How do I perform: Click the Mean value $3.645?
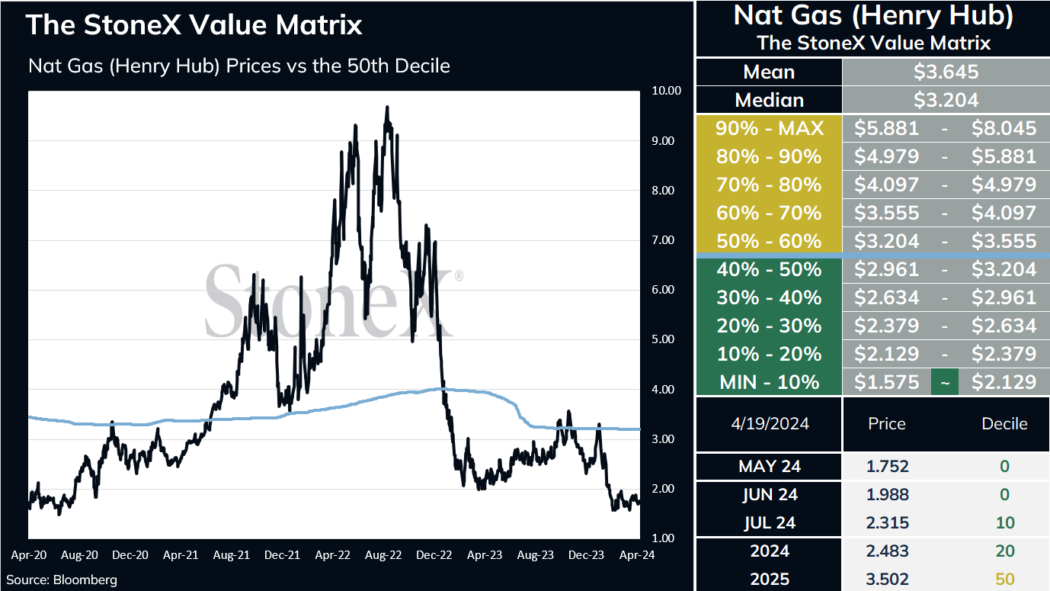pos(946,72)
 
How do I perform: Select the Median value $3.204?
pos(946,100)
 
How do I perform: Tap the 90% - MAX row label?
pos(770,128)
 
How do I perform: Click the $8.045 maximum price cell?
pos(1004,128)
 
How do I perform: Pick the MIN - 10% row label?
pos(770,382)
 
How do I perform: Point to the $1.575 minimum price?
pos(886,382)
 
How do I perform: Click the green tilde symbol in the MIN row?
pos(945,383)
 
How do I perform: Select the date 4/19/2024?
pos(770,423)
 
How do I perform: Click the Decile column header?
pos(1004,423)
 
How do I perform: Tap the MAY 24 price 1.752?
pos(888,466)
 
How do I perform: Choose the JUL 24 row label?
pos(770,522)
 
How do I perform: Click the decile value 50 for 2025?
pos(1005,580)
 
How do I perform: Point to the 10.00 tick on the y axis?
pos(666,91)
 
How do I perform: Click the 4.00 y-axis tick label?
pos(663,390)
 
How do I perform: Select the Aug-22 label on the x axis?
pos(383,555)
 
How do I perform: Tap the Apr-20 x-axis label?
pos(29,555)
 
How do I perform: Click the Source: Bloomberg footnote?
pos(62,580)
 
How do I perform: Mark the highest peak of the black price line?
pos(387,107)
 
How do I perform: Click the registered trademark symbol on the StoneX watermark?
pos(459,276)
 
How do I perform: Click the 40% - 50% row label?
pos(770,269)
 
